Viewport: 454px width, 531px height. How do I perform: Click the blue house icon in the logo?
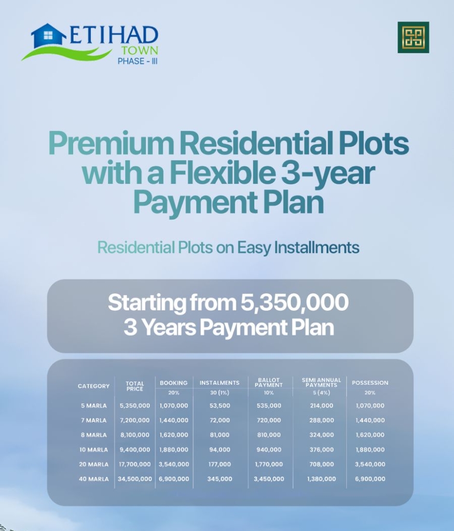point(48,36)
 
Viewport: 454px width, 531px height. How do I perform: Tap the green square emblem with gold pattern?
point(414,37)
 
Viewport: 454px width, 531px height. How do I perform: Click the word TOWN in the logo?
point(140,50)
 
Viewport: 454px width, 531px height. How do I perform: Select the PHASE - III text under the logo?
point(137,61)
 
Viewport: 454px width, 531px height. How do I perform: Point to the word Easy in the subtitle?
point(254,247)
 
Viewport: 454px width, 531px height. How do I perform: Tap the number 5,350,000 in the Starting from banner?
point(294,302)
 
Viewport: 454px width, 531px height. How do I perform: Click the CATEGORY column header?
point(93,386)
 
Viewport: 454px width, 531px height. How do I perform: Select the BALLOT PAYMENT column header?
point(269,383)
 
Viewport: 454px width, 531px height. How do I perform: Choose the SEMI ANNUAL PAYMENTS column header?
point(322,383)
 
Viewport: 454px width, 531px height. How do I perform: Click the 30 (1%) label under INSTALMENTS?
point(219,393)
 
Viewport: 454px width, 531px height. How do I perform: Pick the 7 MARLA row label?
point(94,420)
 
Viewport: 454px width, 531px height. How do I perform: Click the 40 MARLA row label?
point(94,479)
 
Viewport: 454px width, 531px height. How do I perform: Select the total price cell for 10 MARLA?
point(135,450)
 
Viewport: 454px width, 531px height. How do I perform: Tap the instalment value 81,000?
point(219,435)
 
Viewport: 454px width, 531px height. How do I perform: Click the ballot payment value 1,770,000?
point(269,464)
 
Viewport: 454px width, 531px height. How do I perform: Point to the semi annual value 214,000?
point(322,406)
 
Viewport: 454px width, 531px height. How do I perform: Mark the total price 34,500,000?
point(135,479)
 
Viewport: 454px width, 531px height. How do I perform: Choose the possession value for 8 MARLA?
point(370,435)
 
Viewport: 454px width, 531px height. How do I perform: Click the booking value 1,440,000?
point(174,420)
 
